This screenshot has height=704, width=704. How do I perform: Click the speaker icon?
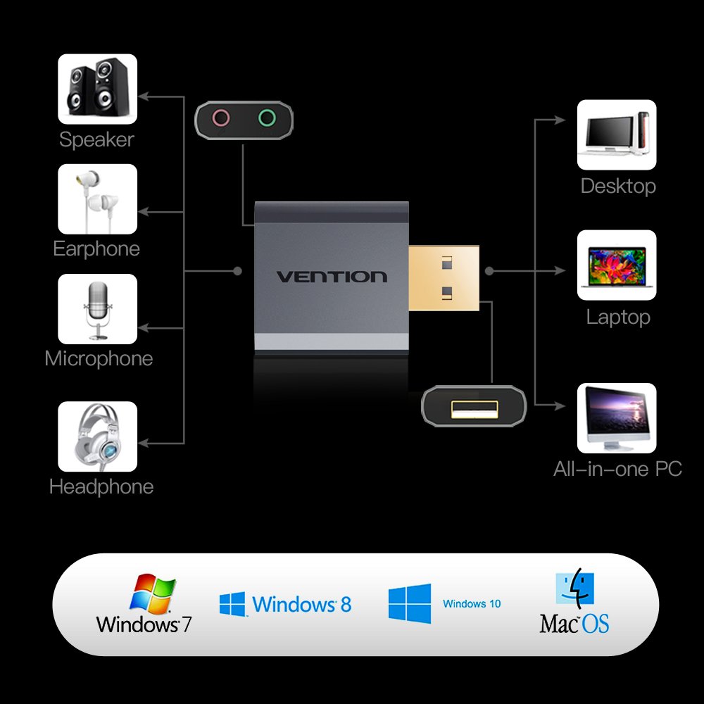97,89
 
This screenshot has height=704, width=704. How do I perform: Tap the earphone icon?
97,199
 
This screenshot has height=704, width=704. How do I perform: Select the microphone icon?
97,309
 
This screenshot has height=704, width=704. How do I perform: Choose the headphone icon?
97,436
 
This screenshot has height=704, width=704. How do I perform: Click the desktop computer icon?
617,134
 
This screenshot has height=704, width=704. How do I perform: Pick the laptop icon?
617,265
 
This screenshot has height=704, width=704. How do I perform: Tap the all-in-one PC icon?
617,418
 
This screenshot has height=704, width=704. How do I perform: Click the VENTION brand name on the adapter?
331,277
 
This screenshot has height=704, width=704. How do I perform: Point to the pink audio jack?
221,118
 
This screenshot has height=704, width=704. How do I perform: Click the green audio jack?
266,118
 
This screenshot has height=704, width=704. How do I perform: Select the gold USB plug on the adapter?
444,277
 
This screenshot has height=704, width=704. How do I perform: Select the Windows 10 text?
472,603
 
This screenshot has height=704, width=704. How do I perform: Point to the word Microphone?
99,358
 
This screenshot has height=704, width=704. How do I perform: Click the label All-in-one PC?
617,469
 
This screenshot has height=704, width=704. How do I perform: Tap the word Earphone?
96,249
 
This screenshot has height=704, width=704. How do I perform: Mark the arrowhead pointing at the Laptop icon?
562,270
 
